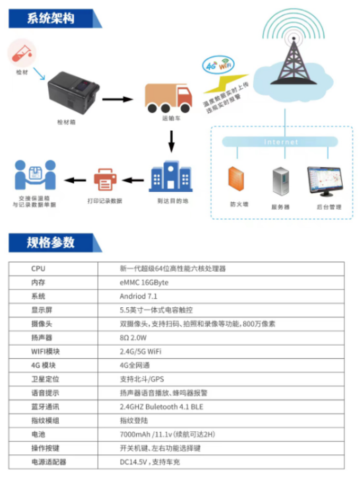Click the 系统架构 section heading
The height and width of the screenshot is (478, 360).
pos(50,18)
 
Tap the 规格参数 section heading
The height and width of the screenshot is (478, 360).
pos(50,243)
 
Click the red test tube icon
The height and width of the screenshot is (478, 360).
pos(22,53)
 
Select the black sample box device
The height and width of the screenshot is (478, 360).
pos(74,92)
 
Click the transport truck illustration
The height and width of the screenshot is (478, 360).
pos(168,98)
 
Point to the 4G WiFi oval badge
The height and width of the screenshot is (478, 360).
pos(218,65)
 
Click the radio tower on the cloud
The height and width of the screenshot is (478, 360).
pos(293,61)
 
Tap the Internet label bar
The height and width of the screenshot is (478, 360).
pos(280,142)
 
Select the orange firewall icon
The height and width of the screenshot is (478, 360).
pos(236,179)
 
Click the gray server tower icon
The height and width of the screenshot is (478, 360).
pos(281,181)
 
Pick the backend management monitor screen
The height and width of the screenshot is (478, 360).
pos(325,181)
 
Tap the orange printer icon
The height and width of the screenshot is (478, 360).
pos(105,180)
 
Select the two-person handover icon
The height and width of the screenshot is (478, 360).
pos(35,175)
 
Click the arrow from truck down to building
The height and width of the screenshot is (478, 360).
pos(171,141)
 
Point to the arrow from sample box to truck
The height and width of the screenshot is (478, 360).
pos(118,99)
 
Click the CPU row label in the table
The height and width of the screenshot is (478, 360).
pos(38,268)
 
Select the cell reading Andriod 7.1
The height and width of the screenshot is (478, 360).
pos(138,296)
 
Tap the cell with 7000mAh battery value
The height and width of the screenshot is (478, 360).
pos(167,434)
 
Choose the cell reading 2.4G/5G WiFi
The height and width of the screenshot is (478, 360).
pos(140,351)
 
